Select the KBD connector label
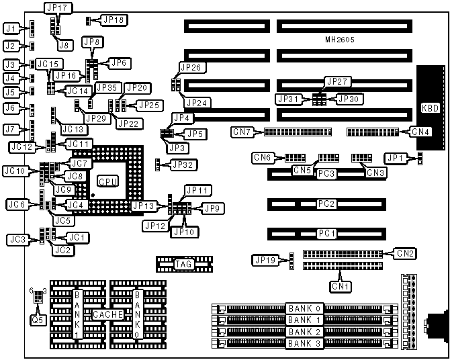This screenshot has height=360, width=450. (430, 108)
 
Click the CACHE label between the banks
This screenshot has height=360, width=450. (106, 314)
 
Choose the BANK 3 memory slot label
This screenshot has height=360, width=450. (304, 344)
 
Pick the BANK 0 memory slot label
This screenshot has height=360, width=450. (304, 308)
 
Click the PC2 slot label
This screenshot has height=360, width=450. (326, 203)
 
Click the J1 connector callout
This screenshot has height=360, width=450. (9, 29)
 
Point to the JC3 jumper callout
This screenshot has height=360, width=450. (17, 239)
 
